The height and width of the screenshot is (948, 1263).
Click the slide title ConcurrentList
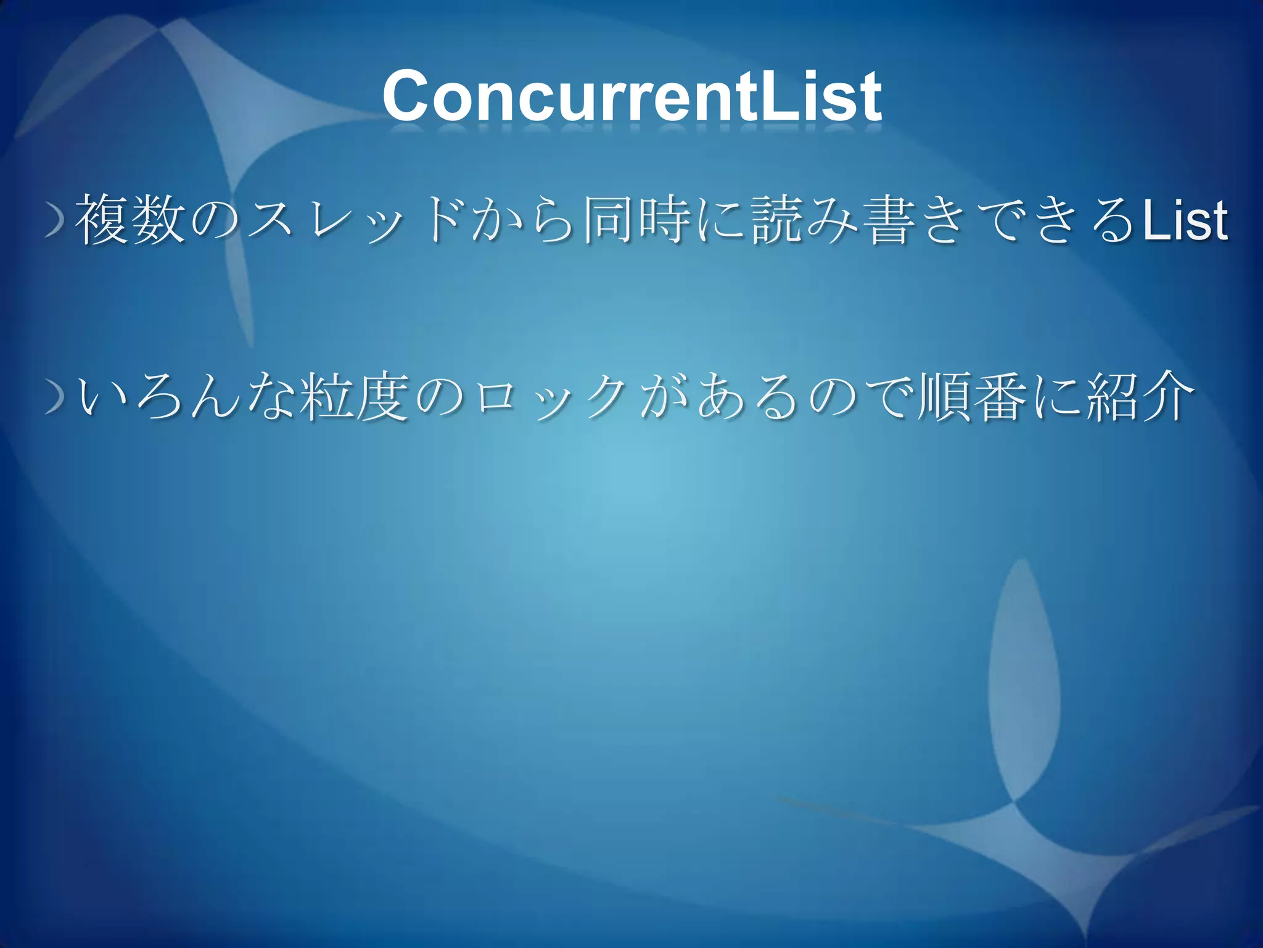tap(631, 97)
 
